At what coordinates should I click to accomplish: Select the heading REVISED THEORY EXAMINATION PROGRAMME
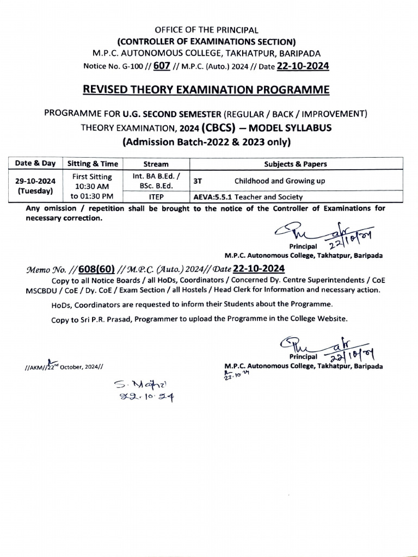206,89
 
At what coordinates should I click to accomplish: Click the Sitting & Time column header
93,164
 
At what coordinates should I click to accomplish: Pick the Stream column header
156,164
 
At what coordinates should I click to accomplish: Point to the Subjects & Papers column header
296,164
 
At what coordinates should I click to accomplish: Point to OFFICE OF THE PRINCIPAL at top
206,30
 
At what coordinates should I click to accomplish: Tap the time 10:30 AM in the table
93,186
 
